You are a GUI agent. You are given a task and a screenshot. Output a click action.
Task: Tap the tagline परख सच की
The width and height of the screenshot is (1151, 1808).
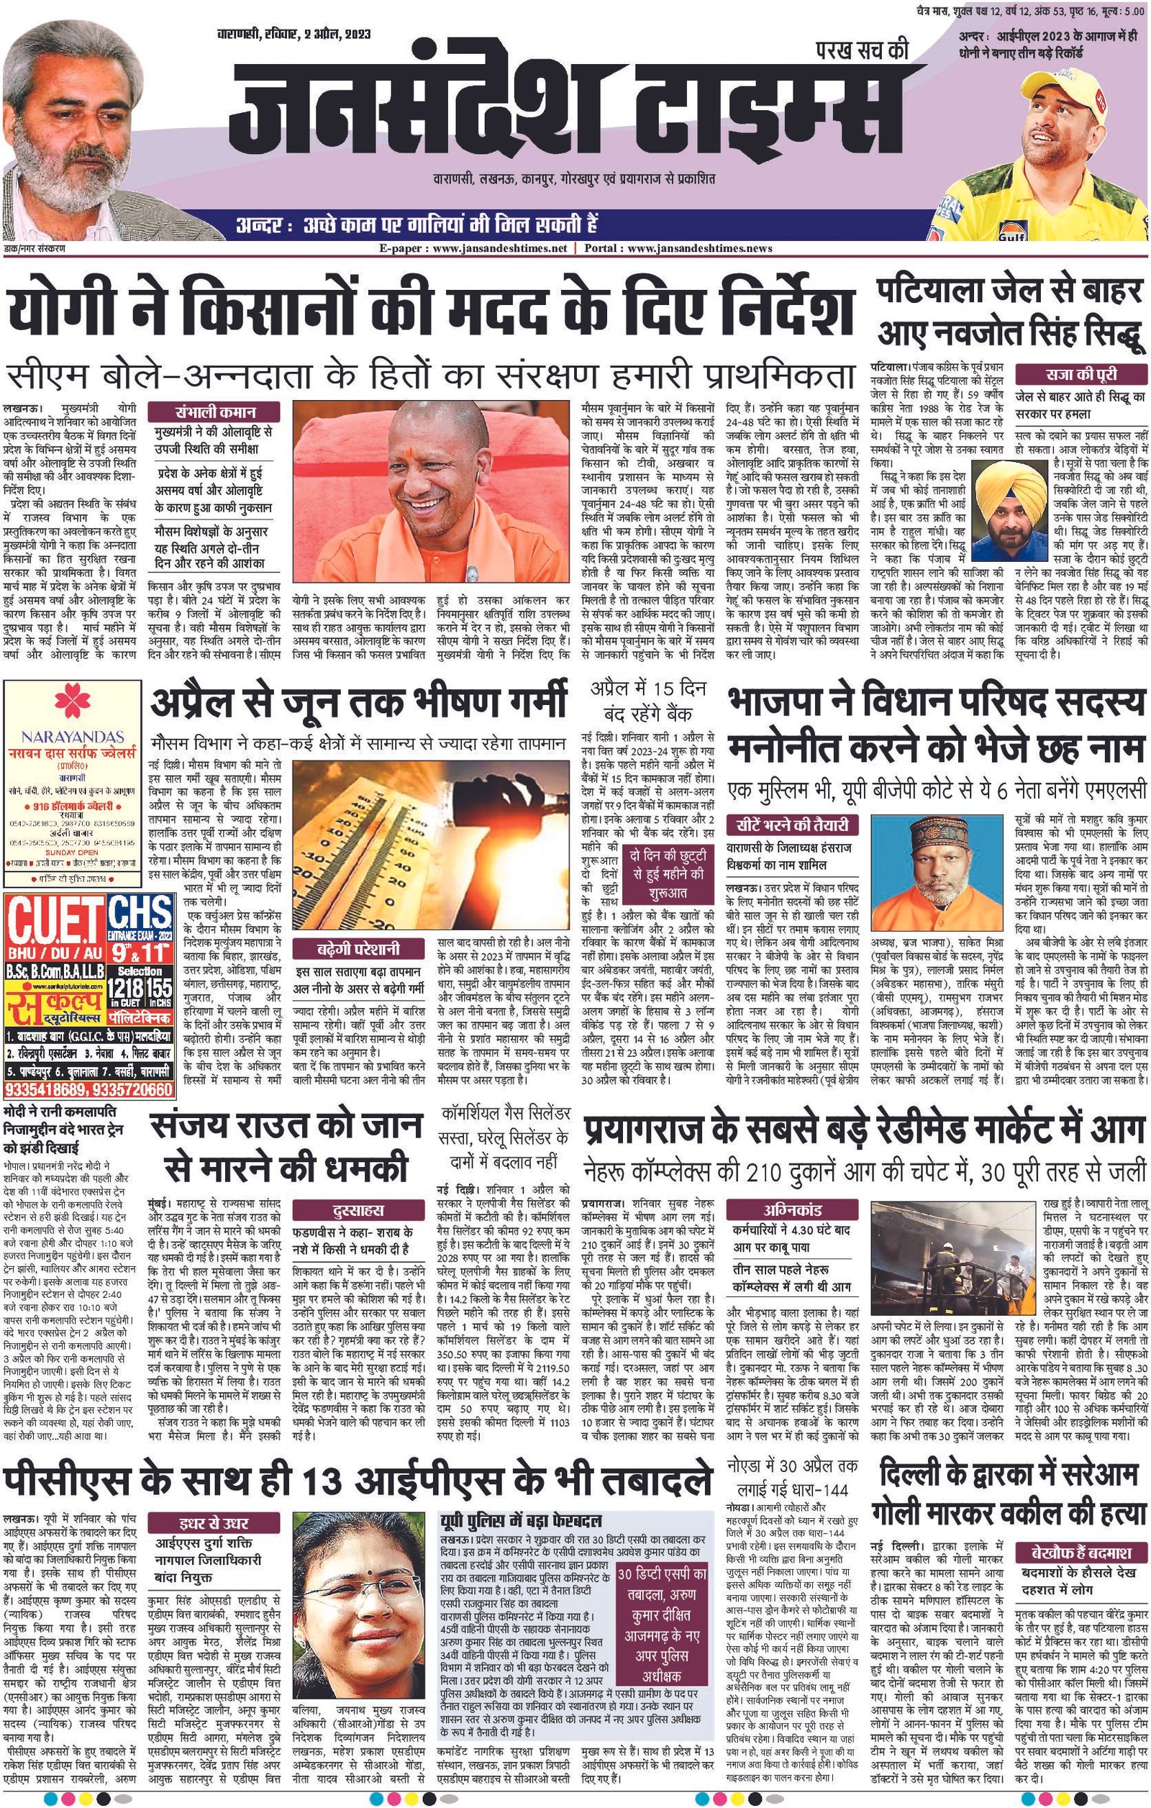click(x=861, y=51)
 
